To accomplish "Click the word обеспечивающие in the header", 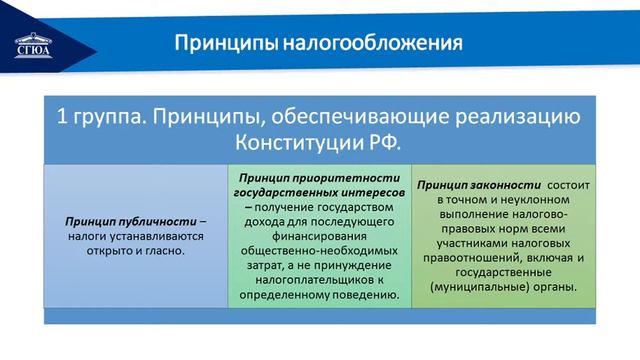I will point(345,116).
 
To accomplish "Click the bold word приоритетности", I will point(337,175).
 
